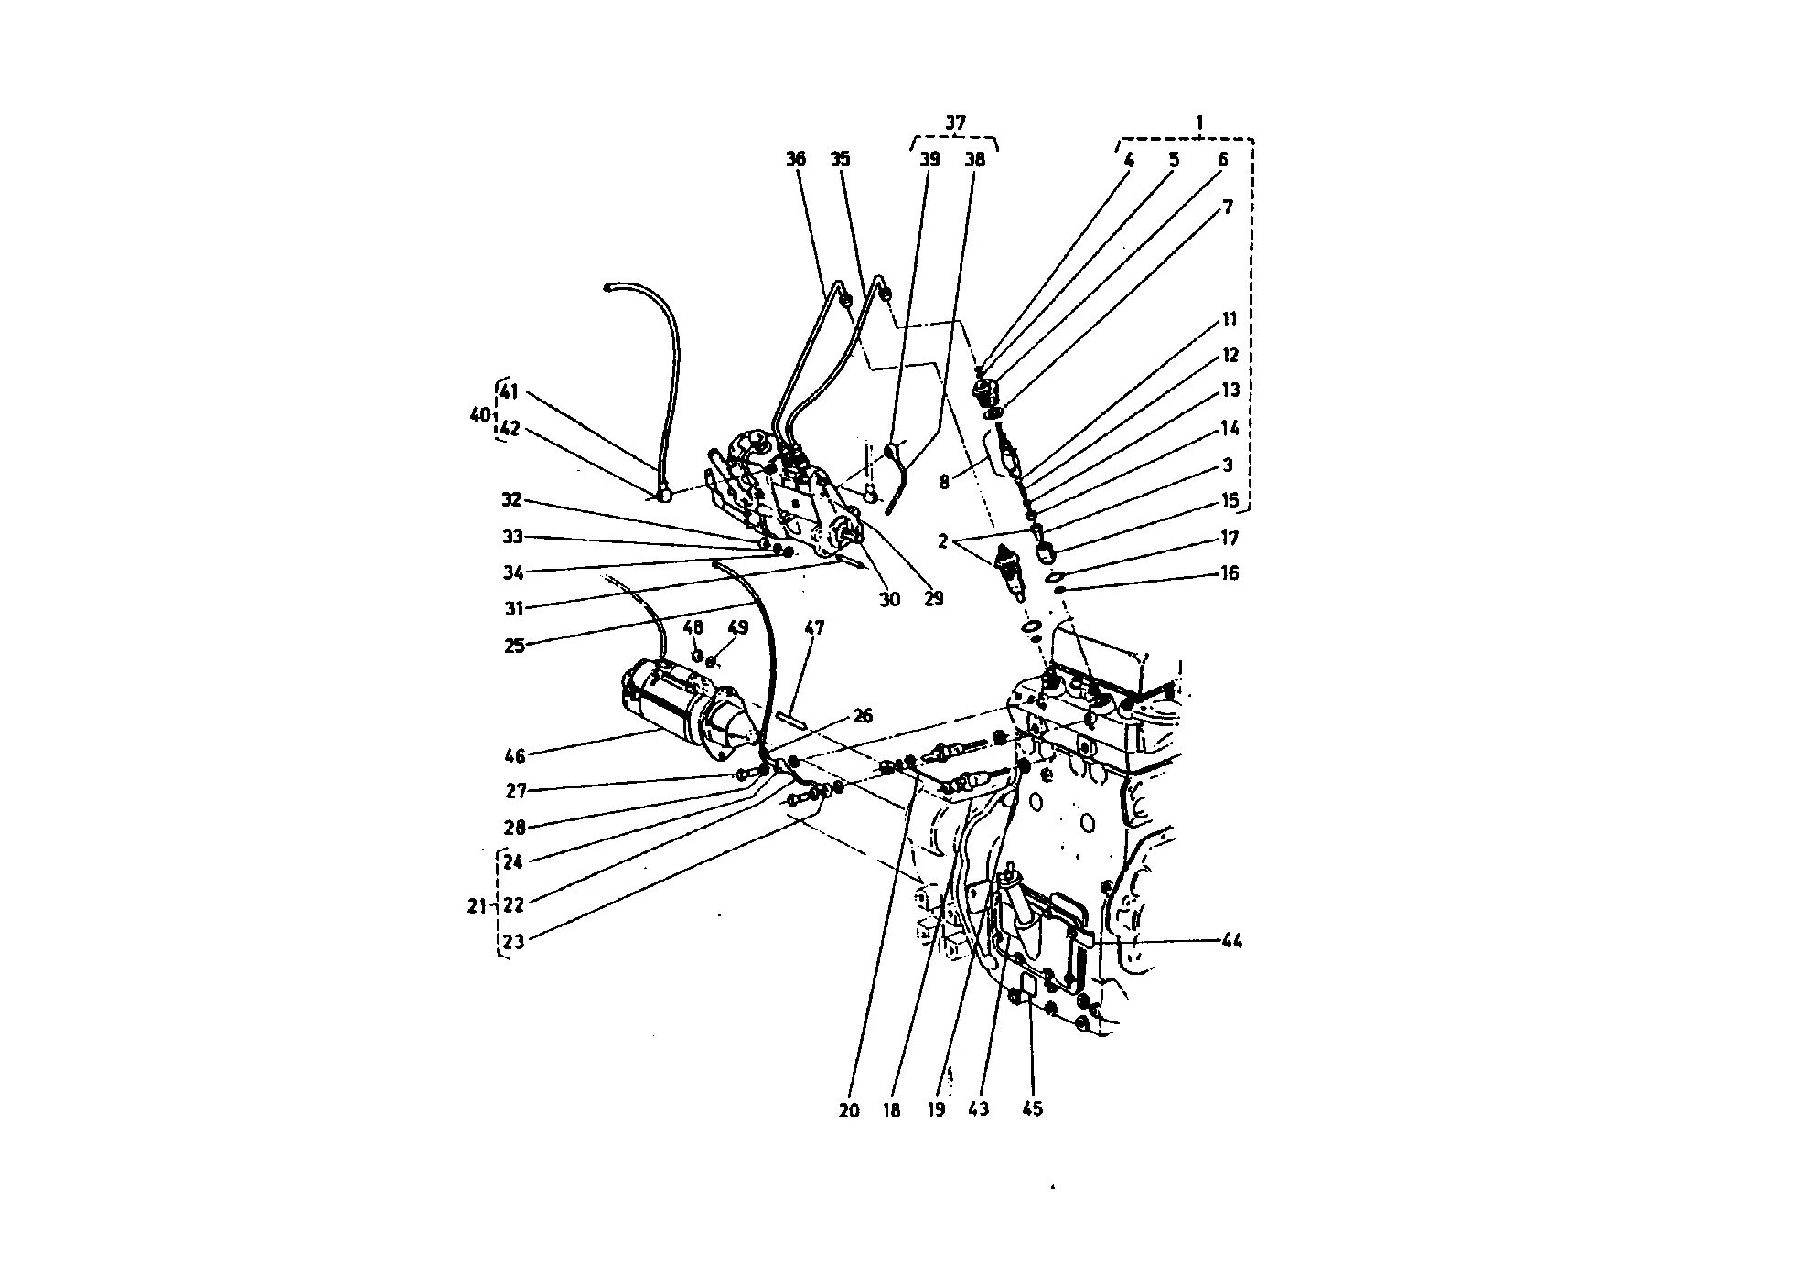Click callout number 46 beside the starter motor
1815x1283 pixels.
point(515,755)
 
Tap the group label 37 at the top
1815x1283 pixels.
point(955,123)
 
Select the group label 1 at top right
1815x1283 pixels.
point(1199,123)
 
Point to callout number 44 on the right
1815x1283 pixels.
point(1231,940)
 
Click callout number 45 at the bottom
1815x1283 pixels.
point(1032,1109)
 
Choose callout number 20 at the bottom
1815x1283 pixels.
point(849,1110)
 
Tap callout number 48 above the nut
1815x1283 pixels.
point(693,628)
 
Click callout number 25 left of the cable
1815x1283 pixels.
point(515,646)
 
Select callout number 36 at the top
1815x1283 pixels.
point(796,159)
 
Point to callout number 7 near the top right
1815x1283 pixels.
point(1228,207)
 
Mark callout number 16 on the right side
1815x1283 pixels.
point(1230,573)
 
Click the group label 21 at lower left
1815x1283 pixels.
point(476,906)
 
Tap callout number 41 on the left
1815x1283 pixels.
point(509,392)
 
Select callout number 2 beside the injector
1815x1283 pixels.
point(942,542)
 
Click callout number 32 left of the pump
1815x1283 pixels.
point(511,500)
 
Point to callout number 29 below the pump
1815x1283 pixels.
point(933,599)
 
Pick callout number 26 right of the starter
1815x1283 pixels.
point(862,715)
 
